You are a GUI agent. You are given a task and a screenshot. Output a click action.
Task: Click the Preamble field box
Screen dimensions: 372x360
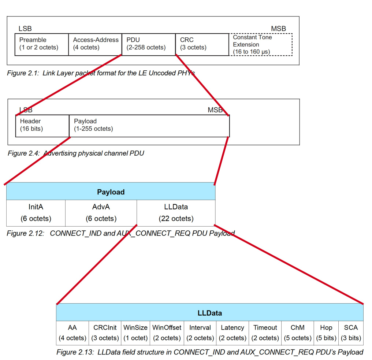click(x=41, y=45)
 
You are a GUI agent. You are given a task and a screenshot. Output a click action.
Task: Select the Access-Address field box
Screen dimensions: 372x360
click(x=95, y=45)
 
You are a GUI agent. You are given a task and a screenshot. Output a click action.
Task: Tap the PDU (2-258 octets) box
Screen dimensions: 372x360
click(x=149, y=45)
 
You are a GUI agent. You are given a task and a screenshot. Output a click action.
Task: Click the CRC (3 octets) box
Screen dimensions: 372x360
click(x=202, y=45)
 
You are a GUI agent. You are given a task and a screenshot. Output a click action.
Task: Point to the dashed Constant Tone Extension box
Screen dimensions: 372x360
click(x=261, y=45)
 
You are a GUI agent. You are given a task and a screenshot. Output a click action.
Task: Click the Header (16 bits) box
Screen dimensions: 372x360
click(x=42, y=126)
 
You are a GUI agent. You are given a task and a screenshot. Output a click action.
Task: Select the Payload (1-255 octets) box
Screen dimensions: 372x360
click(x=149, y=126)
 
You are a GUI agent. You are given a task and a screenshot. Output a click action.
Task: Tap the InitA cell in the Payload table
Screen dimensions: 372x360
click(x=36, y=213)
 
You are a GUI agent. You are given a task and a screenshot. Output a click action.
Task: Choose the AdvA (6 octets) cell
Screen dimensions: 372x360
click(x=101, y=213)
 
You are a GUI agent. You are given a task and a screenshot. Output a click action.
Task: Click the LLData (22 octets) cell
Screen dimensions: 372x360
click(x=176, y=213)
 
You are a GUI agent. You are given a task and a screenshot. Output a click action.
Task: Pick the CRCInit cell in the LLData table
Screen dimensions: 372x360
click(x=105, y=333)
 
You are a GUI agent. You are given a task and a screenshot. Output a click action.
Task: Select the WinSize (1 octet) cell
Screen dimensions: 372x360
click(x=135, y=333)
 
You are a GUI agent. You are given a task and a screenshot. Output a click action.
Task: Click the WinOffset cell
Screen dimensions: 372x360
click(x=167, y=333)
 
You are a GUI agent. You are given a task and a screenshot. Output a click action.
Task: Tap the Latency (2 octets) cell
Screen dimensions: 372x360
click(x=232, y=333)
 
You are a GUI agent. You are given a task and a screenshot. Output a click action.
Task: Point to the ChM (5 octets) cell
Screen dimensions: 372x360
click(x=298, y=333)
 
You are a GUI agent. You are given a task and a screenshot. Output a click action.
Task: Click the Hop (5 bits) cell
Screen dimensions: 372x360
click(x=326, y=333)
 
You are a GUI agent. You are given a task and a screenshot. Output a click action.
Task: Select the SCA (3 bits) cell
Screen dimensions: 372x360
click(x=351, y=333)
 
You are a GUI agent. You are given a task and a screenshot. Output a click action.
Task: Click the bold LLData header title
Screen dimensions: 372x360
click(x=210, y=313)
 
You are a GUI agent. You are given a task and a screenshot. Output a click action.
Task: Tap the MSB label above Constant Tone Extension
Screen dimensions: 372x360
click(x=279, y=29)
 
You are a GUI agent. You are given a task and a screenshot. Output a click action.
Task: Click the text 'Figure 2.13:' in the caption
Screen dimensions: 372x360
click(x=75, y=352)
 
